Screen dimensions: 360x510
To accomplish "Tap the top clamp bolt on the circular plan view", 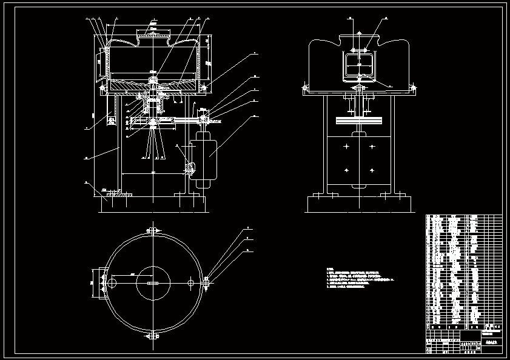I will (152, 231).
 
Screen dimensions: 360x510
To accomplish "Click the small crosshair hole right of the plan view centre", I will (191, 283).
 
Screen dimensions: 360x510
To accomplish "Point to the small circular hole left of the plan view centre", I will (113, 283).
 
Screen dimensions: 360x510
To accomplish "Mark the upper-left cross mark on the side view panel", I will (345, 147).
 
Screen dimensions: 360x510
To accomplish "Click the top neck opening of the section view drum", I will (153, 36).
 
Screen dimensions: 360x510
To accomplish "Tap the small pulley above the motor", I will (202, 119).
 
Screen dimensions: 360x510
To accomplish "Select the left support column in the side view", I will (325, 145).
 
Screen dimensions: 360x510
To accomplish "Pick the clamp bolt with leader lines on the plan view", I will (207, 282).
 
